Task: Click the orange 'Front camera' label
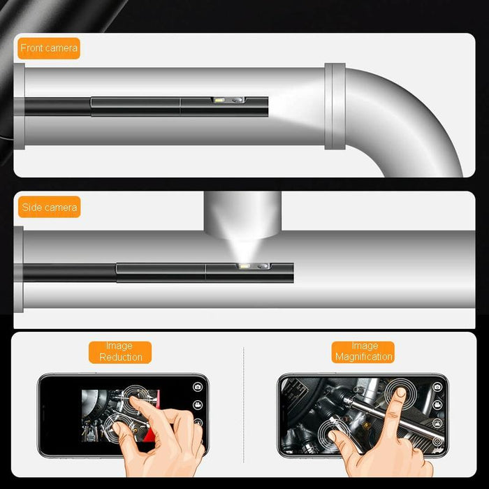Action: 48,48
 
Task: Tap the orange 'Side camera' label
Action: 48,207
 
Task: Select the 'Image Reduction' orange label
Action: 120,351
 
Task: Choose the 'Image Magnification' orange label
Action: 363,351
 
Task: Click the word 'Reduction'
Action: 120,357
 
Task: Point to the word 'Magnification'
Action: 363,357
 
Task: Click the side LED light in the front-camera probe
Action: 219,102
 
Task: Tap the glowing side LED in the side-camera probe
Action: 245,266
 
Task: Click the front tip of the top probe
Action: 267,105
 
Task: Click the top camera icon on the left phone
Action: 198,386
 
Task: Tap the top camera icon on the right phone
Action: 437,386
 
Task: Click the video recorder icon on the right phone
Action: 437,404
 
